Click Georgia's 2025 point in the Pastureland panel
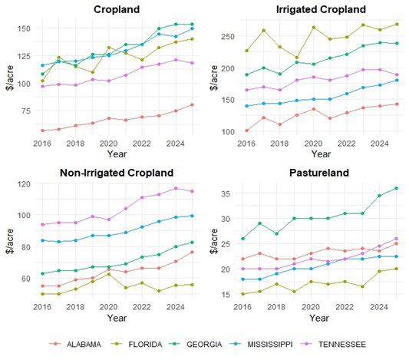point(397,188)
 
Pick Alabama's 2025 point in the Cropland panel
point(191,104)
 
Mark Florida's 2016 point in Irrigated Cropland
point(247,51)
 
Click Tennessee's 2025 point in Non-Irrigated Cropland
point(191,191)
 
